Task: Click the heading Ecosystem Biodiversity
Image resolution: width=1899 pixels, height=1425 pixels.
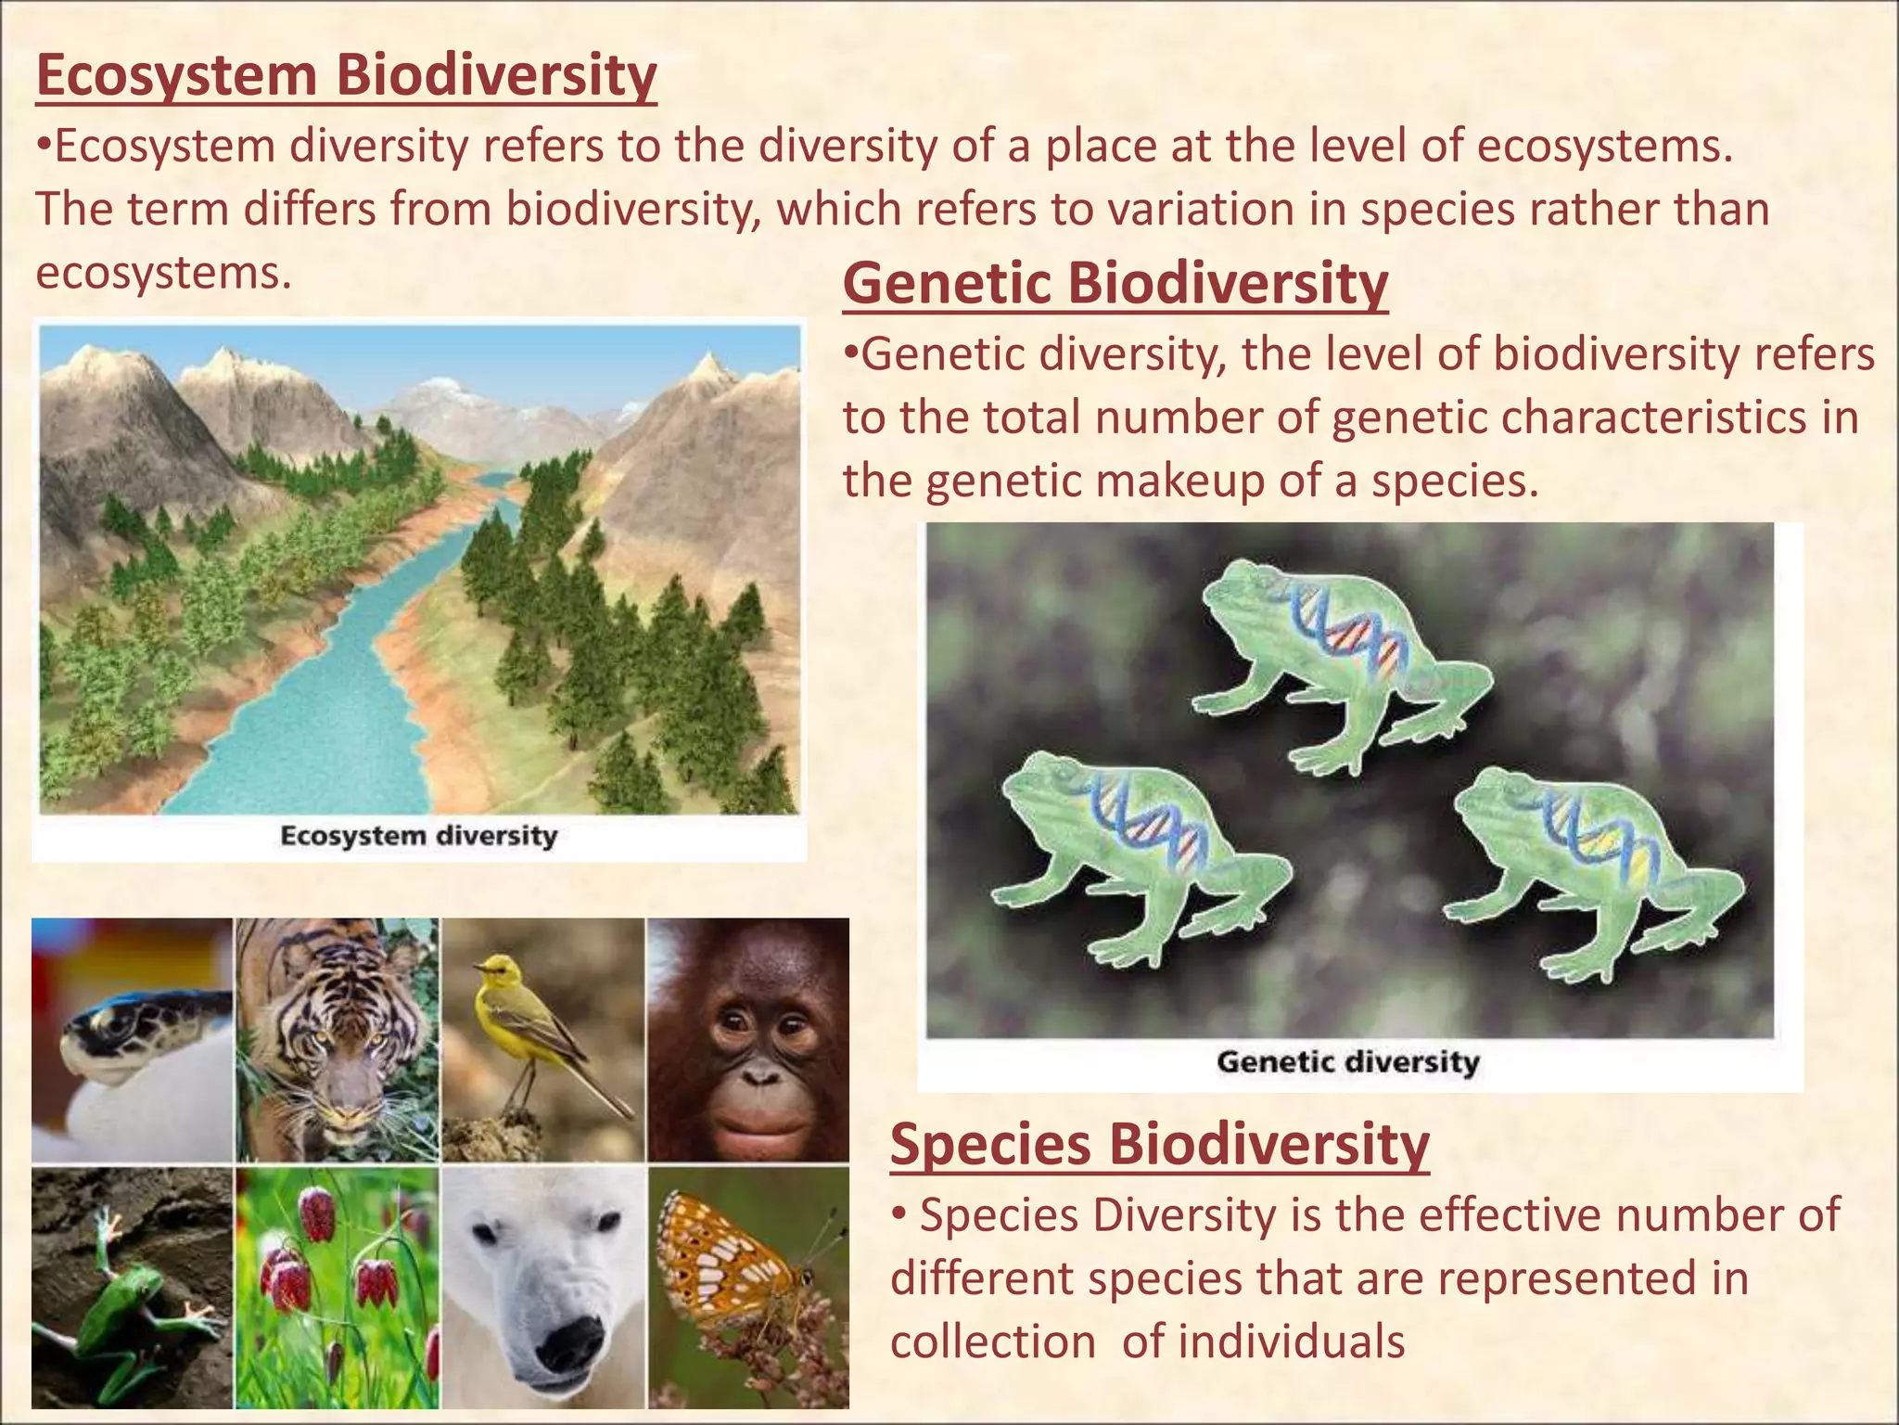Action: (x=346, y=76)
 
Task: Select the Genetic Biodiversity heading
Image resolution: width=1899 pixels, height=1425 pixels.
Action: (x=1115, y=284)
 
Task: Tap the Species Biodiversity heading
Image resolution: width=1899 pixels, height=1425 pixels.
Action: (x=1159, y=1144)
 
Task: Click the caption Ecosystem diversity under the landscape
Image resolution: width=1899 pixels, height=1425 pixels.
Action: (x=418, y=836)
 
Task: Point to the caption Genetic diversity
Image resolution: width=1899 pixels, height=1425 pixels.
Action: (x=1347, y=1061)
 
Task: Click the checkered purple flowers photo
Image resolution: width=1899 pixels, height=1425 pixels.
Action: (x=337, y=1285)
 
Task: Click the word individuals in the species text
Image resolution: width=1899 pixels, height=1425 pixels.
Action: (x=1263, y=1342)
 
